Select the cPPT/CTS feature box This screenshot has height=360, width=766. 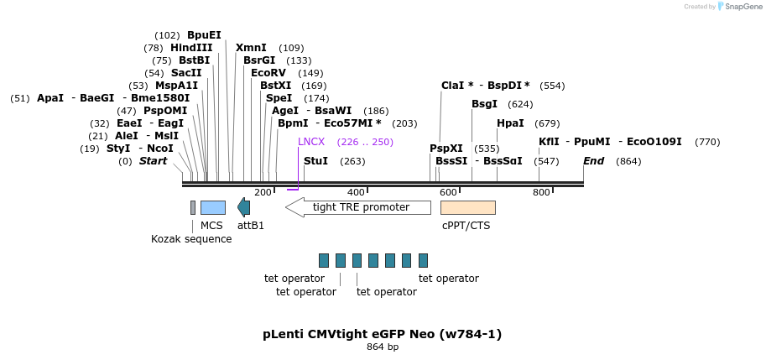467,207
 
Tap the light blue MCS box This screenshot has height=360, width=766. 212,207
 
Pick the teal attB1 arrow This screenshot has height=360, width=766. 243,207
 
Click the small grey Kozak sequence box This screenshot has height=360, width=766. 193,207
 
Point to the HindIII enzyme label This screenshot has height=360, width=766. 191,48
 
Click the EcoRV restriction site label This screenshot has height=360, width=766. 268,73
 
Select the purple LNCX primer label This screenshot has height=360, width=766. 310,142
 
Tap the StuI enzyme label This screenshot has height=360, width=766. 315,161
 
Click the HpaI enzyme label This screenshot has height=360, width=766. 510,123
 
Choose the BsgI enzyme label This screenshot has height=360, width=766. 484,104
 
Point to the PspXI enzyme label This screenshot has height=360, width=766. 446,149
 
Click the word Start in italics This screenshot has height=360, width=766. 153,161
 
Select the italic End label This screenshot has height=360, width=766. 593,161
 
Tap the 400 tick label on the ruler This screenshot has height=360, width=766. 356,192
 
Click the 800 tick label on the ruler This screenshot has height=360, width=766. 541,192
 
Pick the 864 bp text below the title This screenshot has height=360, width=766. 383,347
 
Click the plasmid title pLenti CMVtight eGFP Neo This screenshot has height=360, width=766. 383,334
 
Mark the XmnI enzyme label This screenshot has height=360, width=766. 251,48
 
